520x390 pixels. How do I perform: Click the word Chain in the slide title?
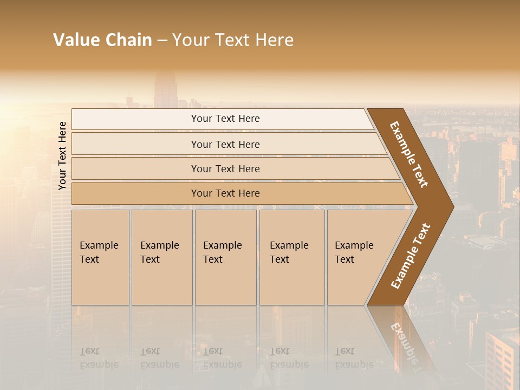[129, 40]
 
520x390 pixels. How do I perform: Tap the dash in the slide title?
[162, 41]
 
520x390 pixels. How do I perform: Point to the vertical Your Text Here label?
[62, 155]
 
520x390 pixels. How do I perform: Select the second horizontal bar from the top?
[225, 144]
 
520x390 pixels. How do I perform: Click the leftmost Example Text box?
[100, 257]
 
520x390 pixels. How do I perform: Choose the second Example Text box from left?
[161, 257]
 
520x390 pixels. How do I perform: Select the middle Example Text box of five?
[225, 257]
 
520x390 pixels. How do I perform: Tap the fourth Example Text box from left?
[291, 257]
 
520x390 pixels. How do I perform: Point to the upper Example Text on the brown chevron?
[409, 154]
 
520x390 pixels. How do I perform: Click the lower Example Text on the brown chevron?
[411, 256]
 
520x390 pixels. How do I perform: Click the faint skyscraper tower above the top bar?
[166, 90]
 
